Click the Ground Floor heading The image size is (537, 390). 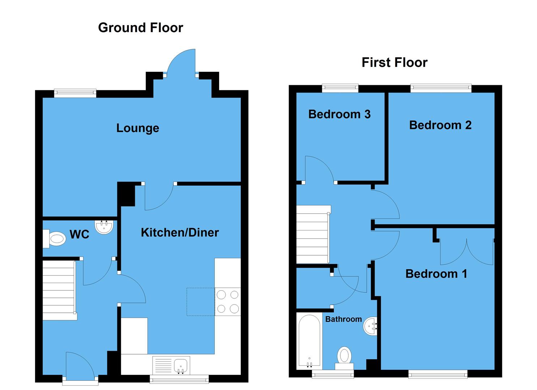point(140,28)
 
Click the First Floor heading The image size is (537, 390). point(394,62)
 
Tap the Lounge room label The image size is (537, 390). point(137,128)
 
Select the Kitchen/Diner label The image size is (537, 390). point(180,233)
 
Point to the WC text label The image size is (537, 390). point(79,235)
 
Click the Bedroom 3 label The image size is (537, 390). point(339,114)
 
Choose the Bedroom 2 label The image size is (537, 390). point(440,125)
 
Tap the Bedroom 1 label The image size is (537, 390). point(436,274)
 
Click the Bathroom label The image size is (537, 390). point(343,319)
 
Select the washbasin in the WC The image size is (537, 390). point(104,226)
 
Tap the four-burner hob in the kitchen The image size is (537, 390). point(228,302)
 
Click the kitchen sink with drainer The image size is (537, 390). point(171,365)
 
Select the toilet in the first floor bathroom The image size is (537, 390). point(344,357)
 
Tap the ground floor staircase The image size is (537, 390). point(59,290)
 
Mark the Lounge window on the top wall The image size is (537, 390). point(75,93)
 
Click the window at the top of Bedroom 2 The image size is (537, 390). point(441,88)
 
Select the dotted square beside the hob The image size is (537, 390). point(201,302)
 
